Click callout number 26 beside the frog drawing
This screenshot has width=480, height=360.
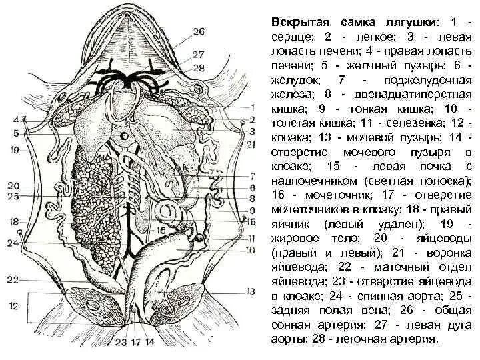pyautogui.click(x=199, y=31)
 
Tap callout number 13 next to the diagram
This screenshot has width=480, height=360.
pyautogui.click(x=250, y=291)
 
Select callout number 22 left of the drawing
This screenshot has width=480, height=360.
pyautogui.click(x=14, y=279)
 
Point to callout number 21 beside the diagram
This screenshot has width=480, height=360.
pyautogui.click(x=251, y=144)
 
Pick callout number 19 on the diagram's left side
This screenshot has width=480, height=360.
pyautogui.click(x=14, y=151)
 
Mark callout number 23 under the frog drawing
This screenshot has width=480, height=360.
pyautogui.click(x=121, y=343)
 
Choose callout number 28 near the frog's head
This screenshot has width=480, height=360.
pyautogui.click(x=199, y=67)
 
